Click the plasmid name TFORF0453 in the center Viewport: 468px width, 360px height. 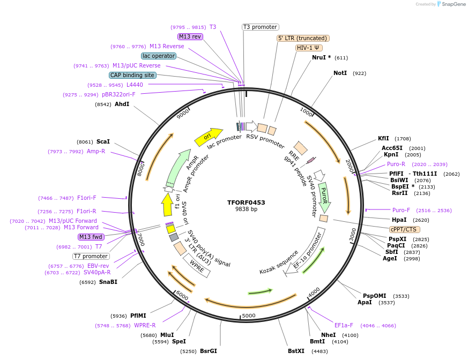246,202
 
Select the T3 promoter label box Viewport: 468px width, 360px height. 261,27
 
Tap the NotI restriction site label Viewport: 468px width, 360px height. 340,73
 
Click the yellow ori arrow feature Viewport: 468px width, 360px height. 208,137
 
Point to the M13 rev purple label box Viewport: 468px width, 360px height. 190,36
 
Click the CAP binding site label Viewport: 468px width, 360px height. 132,75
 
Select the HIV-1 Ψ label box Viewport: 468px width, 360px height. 309,48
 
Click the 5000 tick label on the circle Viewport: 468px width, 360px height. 249,316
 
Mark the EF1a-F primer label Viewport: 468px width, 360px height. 344,325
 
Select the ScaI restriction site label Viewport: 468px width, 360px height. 103,141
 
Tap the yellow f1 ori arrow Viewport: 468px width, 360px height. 167,205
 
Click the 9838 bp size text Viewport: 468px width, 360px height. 246,209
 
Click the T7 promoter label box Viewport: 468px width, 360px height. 91,256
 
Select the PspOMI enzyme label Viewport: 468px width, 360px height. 374,296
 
